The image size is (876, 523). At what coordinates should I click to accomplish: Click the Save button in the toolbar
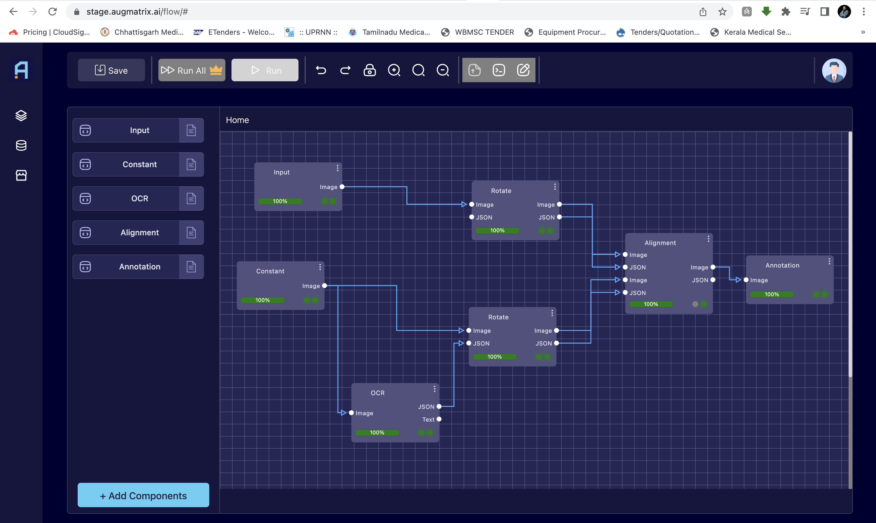pyautogui.click(x=111, y=70)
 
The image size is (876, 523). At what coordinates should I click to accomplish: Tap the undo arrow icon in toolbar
pyautogui.click(x=321, y=70)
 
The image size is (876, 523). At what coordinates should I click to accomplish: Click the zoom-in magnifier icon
pyautogui.click(x=394, y=70)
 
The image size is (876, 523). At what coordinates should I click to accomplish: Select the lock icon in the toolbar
pyautogui.click(x=369, y=70)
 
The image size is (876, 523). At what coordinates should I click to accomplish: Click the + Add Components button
pyautogui.click(x=143, y=495)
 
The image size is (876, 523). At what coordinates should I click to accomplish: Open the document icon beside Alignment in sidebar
pyautogui.click(x=191, y=233)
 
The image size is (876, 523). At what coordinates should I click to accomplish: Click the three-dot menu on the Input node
pyautogui.click(x=337, y=168)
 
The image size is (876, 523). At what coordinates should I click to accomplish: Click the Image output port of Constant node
pyautogui.click(x=324, y=286)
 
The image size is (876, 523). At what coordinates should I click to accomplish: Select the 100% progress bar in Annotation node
pyautogui.click(x=771, y=294)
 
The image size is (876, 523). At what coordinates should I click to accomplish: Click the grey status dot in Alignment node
pyautogui.click(x=695, y=304)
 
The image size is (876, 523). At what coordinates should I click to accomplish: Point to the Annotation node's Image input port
pyautogui.click(x=746, y=280)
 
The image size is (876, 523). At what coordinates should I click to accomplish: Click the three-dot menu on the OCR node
pyautogui.click(x=434, y=389)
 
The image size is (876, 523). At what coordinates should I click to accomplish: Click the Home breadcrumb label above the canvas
pyautogui.click(x=237, y=120)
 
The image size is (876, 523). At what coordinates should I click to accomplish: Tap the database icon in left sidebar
pyautogui.click(x=21, y=145)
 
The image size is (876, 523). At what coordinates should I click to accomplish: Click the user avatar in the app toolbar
pyautogui.click(x=834, y=70)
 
